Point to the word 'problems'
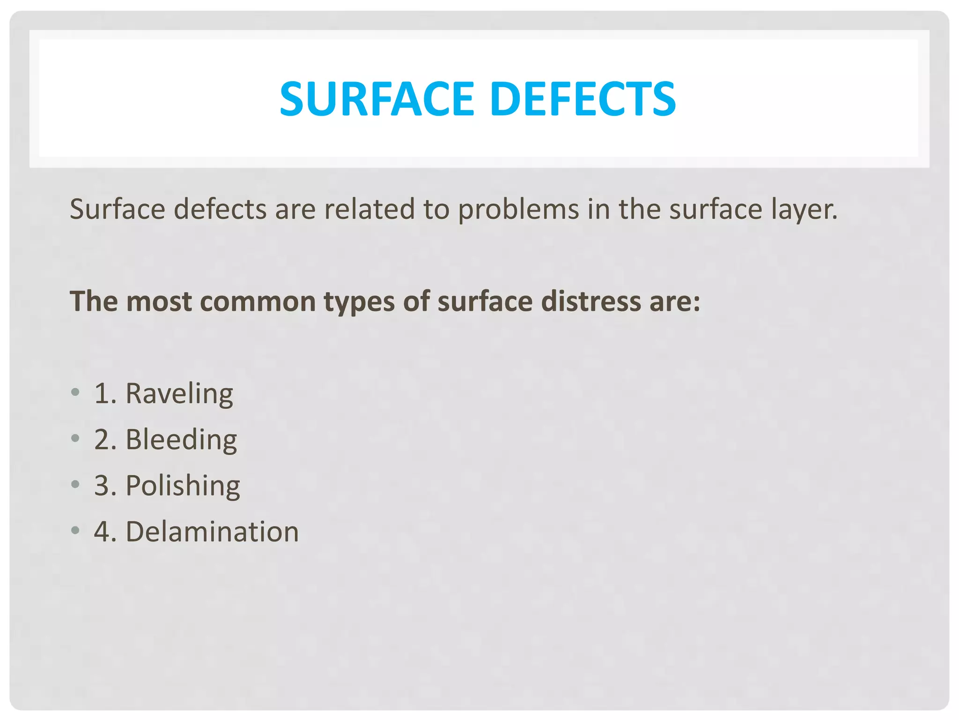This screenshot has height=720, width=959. tap(518, 210)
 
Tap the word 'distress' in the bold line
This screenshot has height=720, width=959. tap(590, 301)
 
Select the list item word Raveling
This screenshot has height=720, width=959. tap(179, 394)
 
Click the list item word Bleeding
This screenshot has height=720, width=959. tap(181, 440)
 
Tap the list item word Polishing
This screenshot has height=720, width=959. tap(183, 486)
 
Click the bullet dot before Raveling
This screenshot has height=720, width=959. tap(75, 392)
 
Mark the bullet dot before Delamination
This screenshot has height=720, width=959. tap(75, 530)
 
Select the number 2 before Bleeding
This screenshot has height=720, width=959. tap(102, 440)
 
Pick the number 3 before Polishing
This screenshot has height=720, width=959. tap(102, 486)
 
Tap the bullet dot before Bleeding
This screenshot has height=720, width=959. tap(75, 438)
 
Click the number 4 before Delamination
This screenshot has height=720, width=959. tap(102, 532)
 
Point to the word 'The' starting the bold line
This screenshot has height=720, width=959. tap(94, 301)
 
